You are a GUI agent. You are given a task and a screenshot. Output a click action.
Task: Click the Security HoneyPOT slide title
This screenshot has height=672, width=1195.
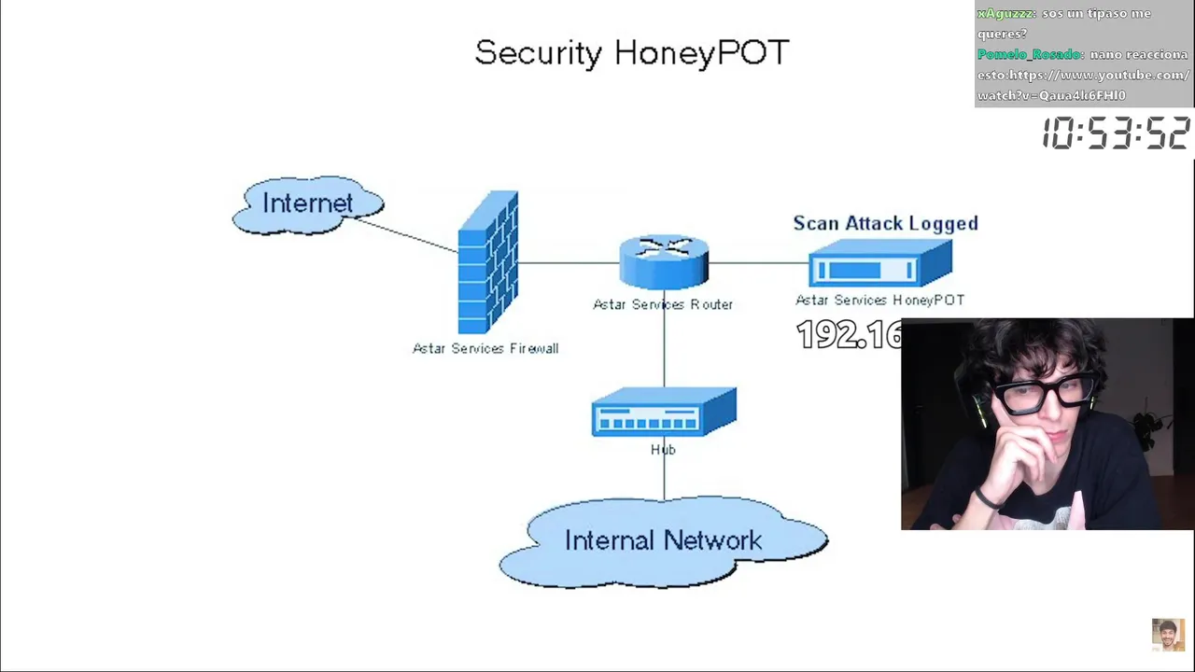[x=632, y=53]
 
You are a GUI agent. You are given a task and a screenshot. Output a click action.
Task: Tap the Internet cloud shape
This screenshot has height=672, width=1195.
[x=308, y=204]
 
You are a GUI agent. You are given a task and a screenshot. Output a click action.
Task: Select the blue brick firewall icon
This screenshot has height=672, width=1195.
[x=488, y=262]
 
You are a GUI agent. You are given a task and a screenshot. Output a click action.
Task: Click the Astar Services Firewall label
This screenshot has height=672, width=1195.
[x=485, y=348]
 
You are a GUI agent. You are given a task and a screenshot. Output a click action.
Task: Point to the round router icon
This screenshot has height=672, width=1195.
[x=664, y=261]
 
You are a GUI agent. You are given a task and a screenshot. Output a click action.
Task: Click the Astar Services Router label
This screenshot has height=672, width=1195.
[x=663, y=304]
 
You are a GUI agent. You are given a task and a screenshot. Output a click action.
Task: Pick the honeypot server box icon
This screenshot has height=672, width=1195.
[x=880, y=263]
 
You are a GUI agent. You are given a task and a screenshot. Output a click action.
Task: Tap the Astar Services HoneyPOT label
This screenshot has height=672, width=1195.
[x=879, y=300]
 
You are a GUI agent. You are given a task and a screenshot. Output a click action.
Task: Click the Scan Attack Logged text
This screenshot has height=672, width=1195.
[x=885, y=223]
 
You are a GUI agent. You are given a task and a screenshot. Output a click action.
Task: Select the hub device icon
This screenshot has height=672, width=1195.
[x=664, y=413]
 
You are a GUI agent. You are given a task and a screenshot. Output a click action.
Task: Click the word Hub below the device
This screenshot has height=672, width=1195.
[x=663, y=450]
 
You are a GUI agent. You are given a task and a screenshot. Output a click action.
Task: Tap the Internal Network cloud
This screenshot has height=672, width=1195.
[x=663, y=541]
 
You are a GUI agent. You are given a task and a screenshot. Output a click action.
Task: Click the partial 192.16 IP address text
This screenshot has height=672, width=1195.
[x=848, y=335]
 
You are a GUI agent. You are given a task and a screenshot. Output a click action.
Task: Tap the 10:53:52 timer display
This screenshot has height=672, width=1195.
[x=1116, y=133]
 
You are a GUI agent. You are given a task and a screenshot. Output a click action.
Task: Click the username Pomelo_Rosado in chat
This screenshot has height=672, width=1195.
[x=1029, y=54]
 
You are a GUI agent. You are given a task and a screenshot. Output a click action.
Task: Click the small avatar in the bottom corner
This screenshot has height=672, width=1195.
[x=1168, y=635]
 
